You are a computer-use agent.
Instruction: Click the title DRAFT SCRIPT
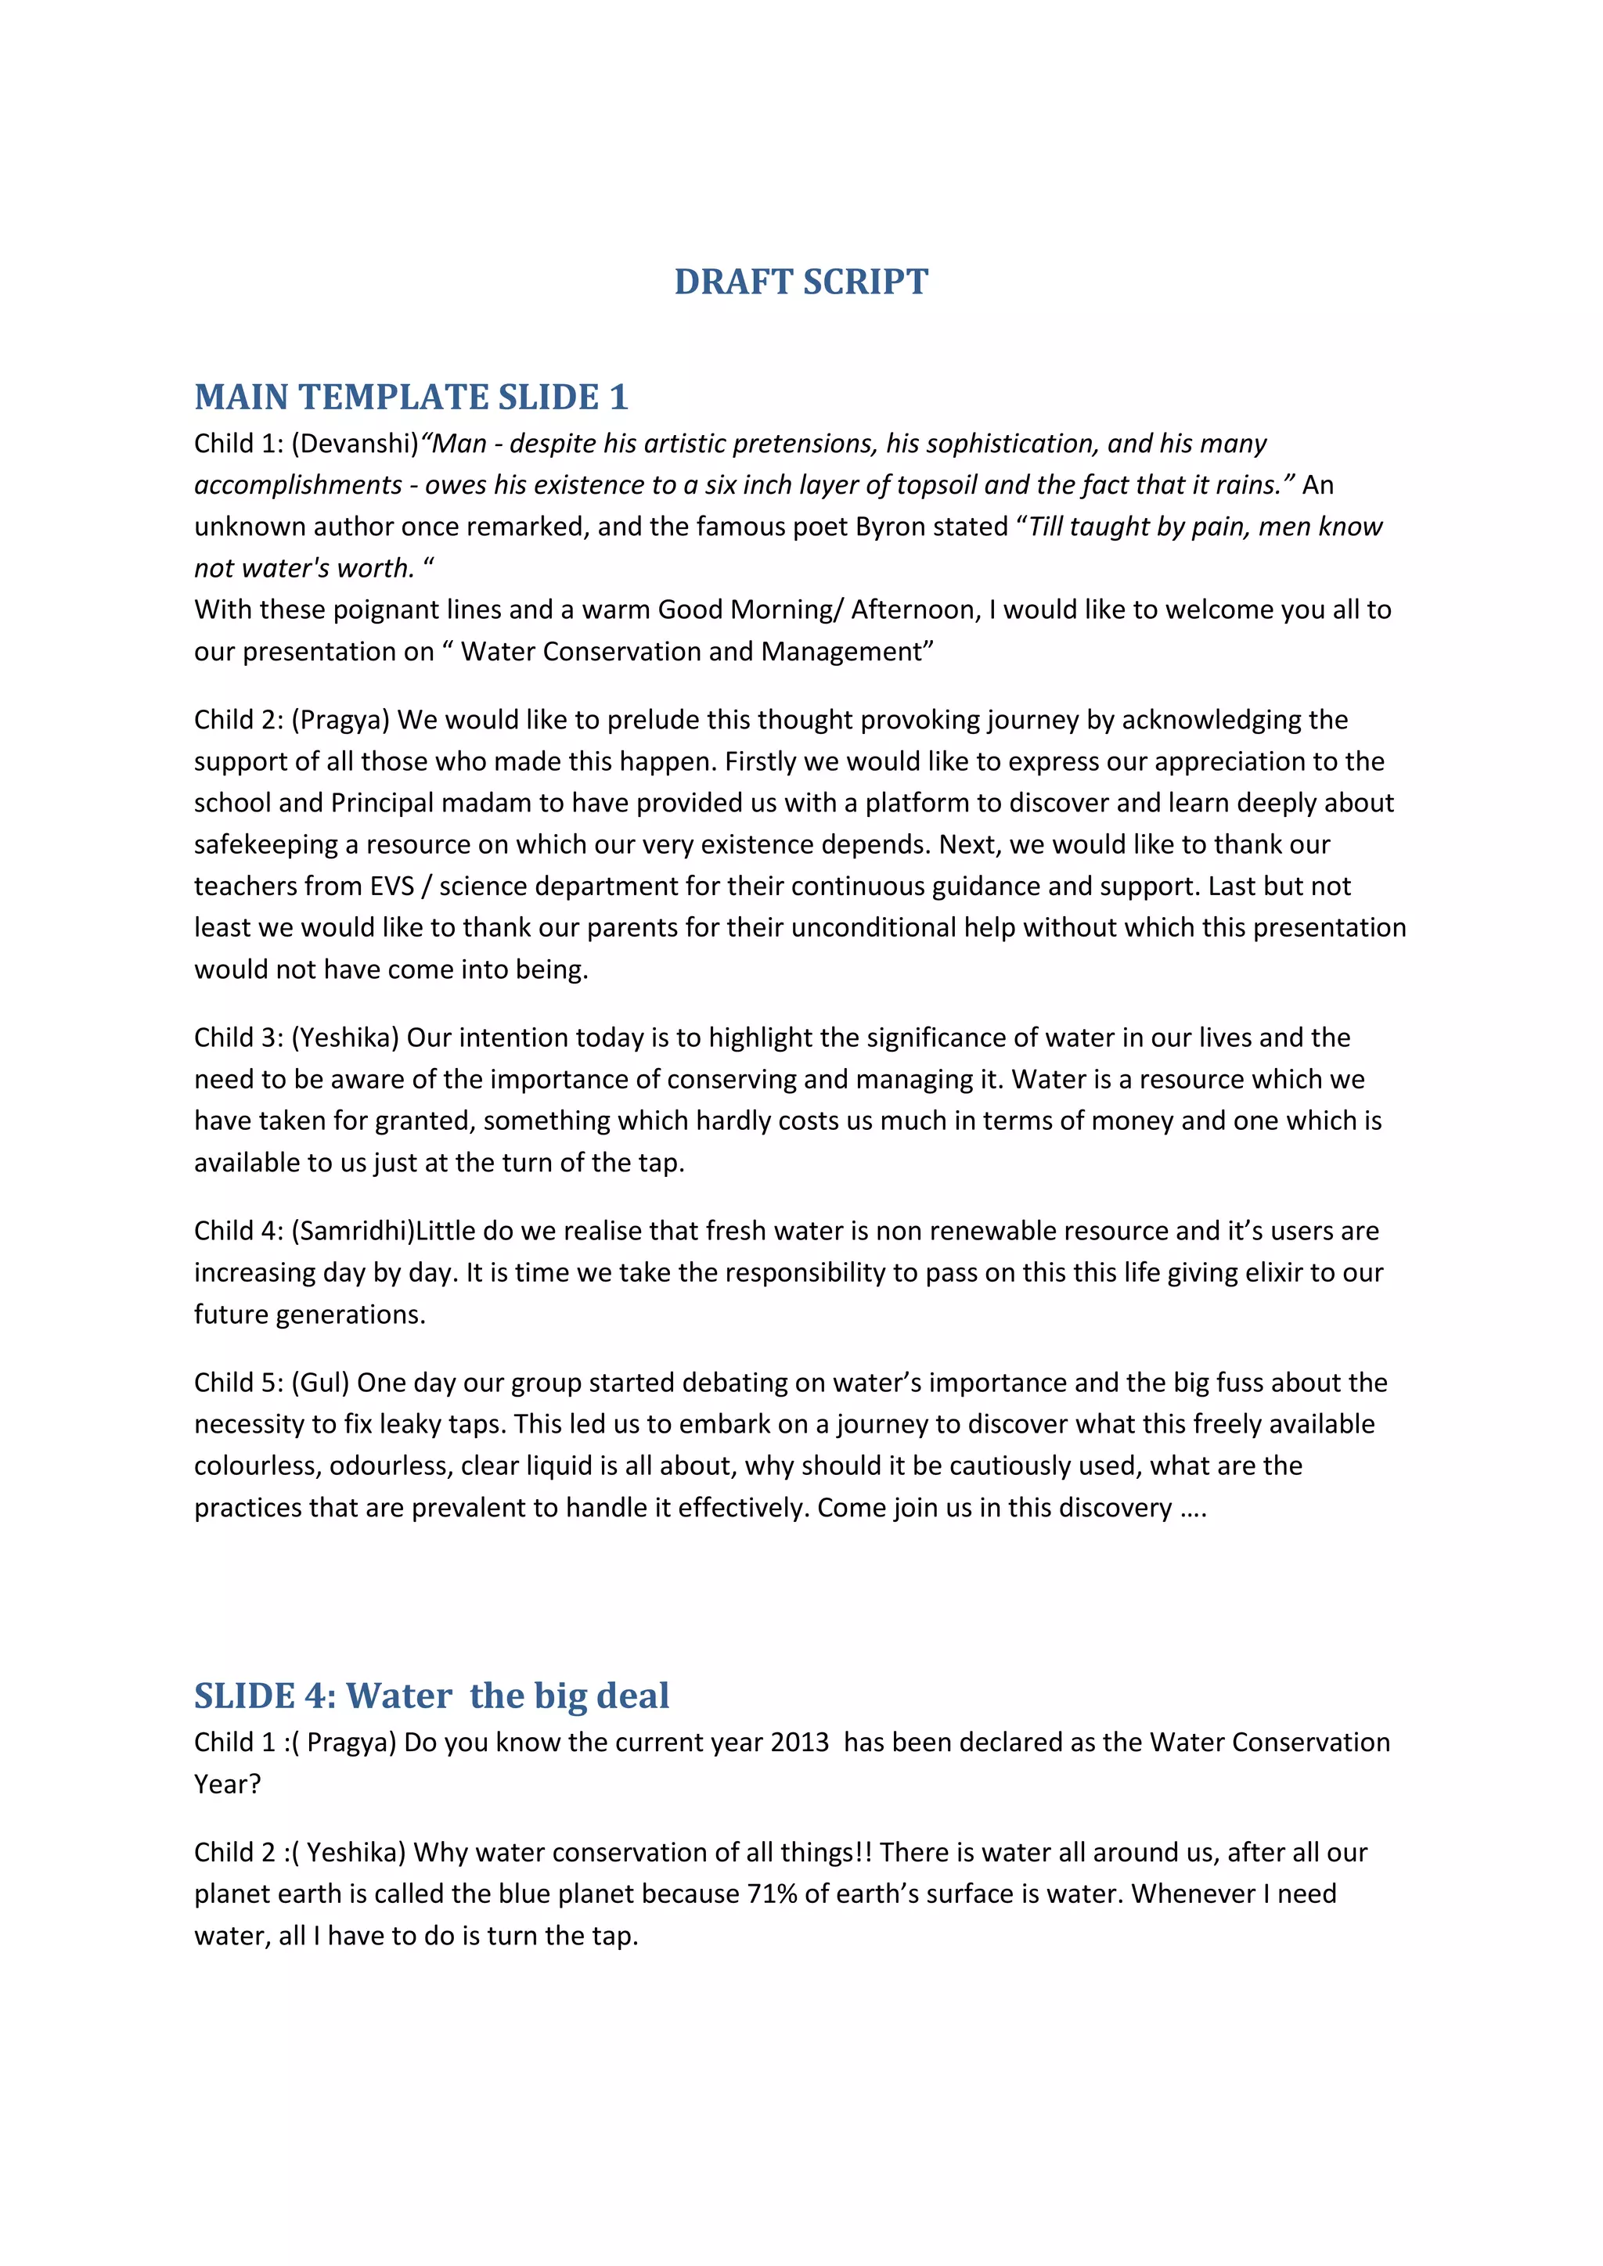pos(801,282)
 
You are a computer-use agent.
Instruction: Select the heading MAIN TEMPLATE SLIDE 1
pos(411,397)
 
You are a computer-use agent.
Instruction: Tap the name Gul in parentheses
pos(321,1383)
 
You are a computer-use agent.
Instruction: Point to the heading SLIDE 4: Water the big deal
pos(431,1696)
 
